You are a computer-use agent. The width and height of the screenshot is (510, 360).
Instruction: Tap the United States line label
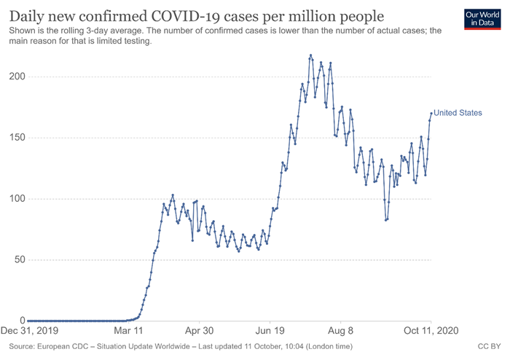click(x=458, y=113)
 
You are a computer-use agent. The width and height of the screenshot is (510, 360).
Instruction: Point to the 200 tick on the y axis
click(x=15, y=77)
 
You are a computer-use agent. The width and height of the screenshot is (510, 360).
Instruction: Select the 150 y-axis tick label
click(x=15, y=138)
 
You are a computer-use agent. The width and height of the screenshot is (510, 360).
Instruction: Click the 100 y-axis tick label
click(x=15, y=199)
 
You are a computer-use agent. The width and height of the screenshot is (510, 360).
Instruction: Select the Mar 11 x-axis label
click(x=128, y=330)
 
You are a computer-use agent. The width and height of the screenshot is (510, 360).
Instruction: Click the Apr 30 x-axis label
click(x=198, y=330)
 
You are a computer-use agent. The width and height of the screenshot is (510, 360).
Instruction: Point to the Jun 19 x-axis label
click(x=270, y=330)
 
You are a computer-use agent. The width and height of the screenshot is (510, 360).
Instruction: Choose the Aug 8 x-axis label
click(x=340, y=330)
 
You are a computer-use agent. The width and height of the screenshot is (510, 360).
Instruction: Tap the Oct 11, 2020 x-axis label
click(x=431, y=330)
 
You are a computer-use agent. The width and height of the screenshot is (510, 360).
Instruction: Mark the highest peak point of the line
click(x=310, y=55)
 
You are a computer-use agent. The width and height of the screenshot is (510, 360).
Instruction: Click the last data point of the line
click(x=431, y=112)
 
